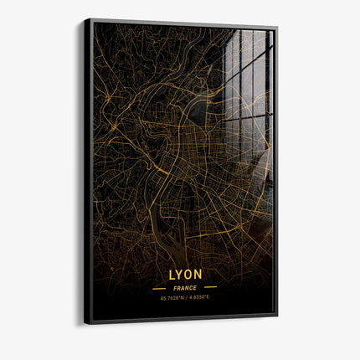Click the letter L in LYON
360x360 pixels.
pos(172,274)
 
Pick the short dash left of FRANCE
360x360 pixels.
pos(159,288)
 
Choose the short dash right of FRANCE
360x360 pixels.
pos(211,287)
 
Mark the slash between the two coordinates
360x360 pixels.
pos(185,296)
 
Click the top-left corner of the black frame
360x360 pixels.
pos(85,19)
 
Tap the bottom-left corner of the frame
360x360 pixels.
pos(85,324)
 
